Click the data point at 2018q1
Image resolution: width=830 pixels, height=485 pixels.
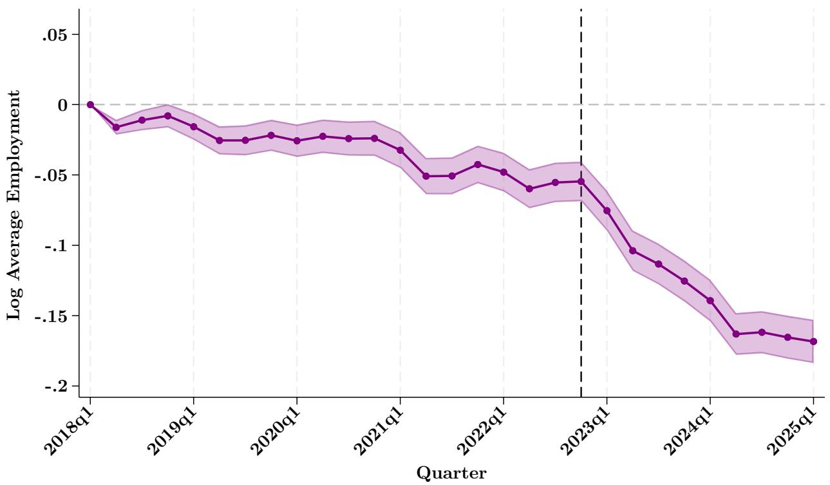(90, 104)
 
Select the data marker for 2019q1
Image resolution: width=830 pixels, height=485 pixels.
(194, 126)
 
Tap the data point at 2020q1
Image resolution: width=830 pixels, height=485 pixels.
(297, 140)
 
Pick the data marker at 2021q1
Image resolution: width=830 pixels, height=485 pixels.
(401, 150)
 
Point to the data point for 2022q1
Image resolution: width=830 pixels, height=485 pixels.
(504, 172)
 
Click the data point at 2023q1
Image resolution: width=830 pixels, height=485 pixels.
(607, 211)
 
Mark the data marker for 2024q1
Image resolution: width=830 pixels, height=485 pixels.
(710, 300)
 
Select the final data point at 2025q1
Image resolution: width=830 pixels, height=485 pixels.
(813, 341)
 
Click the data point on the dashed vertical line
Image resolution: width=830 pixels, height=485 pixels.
(581, 182)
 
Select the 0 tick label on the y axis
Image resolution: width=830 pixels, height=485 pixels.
(64, 104)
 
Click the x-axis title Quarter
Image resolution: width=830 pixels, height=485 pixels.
(452, 473)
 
